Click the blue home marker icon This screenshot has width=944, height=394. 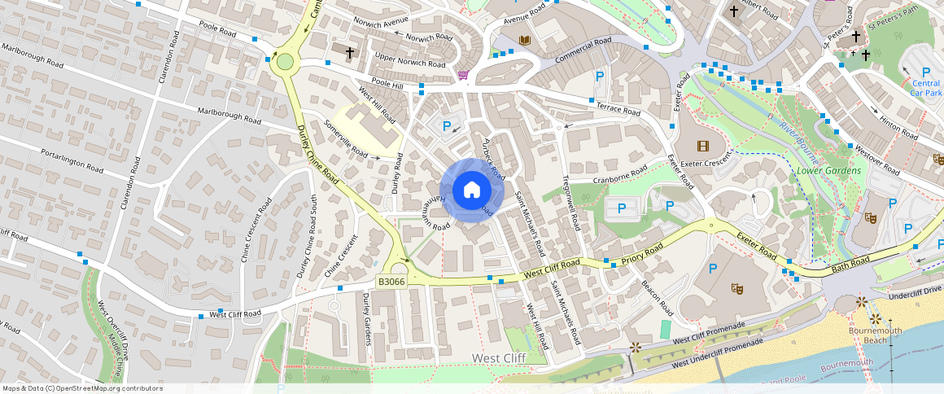pos(472,190)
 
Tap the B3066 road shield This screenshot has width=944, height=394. pos(391,282)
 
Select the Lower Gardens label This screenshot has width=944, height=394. pos(828,171)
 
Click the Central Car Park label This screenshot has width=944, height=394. pos(925,88)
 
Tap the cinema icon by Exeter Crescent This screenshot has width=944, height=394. pos(702,146)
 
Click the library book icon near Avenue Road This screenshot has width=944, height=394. pos(524,40)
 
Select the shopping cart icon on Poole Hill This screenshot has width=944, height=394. pos(463,75)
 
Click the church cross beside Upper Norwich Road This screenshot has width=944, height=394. pos(350,53)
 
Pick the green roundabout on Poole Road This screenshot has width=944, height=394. pos(284,62)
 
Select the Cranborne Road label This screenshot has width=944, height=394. pos(619,174)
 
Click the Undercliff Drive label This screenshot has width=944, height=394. pos(916,291)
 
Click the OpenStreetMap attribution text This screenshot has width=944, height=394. pos(82,388)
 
